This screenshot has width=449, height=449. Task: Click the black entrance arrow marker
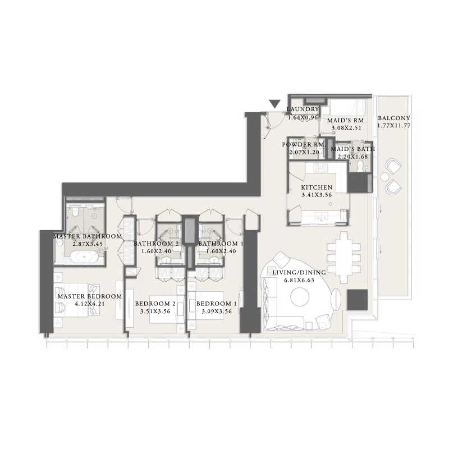[x=274, y=104]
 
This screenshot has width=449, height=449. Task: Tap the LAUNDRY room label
[x=303, y=109]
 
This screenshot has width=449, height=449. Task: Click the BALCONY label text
[x=393, y=118]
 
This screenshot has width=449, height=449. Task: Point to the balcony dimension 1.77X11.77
[x=393, y=126]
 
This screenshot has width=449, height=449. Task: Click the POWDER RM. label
[x=303, y=144]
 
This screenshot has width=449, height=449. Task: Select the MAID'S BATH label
[x=352, y=149]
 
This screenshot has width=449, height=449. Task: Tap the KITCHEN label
[x=317, y=187]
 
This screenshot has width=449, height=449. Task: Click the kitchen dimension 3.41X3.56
[x=317, y=196]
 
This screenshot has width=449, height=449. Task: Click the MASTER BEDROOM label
[x=89, y=296]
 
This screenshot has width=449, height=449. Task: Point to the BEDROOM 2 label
[x=155, y=304]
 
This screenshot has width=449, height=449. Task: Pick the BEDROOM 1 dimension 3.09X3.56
[x=216, y=311]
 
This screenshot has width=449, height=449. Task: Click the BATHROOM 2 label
[x=156, y=244]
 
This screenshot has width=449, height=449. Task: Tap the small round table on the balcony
[x=386, y=177]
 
